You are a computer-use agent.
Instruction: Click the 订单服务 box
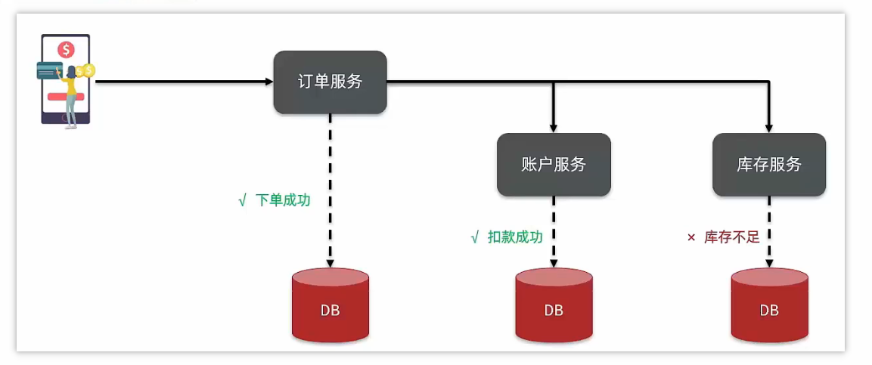(330, 82)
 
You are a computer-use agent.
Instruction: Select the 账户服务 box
(554, 165)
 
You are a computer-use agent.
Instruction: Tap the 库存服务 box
(769, 165)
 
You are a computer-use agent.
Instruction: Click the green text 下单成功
(283, 201)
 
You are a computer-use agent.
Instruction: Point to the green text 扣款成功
(515, 237)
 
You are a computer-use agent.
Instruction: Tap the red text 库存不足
(731, 237)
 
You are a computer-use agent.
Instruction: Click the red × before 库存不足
(690, 237)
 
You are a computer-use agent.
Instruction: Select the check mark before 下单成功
(242, 201)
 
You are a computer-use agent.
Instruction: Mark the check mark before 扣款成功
(474, 237)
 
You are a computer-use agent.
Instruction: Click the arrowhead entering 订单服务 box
(268, 81)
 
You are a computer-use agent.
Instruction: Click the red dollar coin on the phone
(67, 50)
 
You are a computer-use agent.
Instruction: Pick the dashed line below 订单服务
(330, 189)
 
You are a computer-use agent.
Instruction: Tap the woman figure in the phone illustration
(72, 94)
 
